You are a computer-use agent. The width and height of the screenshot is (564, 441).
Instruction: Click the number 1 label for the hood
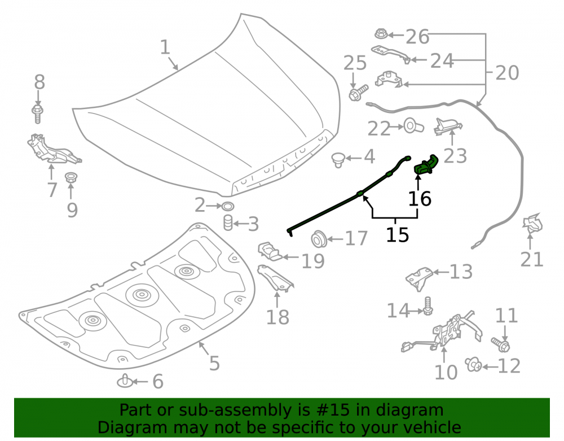[165, 47]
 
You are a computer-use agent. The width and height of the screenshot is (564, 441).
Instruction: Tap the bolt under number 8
[37, 114]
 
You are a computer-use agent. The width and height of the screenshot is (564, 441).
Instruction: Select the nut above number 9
[71, 177]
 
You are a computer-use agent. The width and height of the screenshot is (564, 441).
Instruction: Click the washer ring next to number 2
[228, 206]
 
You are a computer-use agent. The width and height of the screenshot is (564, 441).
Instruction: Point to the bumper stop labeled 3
[228, 222]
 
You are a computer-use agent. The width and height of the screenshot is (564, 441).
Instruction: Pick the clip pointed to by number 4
[338, 159]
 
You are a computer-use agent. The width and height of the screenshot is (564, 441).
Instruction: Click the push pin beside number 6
[125, 381]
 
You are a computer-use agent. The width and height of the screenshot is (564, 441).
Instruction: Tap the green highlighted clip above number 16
[426, 164]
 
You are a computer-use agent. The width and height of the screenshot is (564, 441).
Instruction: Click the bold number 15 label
[398, 235]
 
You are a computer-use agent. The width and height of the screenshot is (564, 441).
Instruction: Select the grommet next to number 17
[318, 238]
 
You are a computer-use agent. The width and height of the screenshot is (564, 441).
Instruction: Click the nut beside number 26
[381, 34]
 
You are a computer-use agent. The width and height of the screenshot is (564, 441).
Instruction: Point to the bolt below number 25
[358, 93]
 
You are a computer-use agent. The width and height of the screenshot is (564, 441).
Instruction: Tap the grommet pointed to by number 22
[413, 126]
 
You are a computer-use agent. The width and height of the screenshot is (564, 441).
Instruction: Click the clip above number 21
[532, 223]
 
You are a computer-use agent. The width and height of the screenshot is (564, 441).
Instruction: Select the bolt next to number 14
[428, 306]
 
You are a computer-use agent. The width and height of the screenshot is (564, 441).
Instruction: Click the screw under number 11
[501, 344]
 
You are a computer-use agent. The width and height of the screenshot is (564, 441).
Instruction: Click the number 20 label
[507, 73]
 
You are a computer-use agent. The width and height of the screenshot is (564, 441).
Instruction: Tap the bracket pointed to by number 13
[419, 278]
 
